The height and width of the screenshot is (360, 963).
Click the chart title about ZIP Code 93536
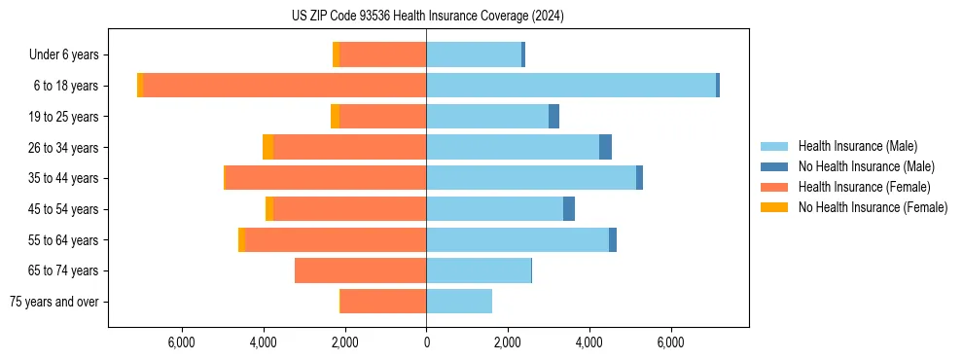point(427,17)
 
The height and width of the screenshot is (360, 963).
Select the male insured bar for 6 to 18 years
point(570,86)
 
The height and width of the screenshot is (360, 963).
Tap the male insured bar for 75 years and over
point(459,302)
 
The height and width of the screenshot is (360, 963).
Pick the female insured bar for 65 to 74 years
point(360,270)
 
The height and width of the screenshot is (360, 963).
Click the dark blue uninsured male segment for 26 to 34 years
point(605,147)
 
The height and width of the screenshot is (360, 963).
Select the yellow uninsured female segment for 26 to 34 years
point(268,147)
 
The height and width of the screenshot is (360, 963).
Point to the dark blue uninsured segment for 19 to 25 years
point(553,117)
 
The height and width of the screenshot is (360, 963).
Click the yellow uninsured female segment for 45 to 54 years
point(269,209)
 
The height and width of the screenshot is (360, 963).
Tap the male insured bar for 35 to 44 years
point(531,178)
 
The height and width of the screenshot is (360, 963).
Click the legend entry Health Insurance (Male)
point(857,146)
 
